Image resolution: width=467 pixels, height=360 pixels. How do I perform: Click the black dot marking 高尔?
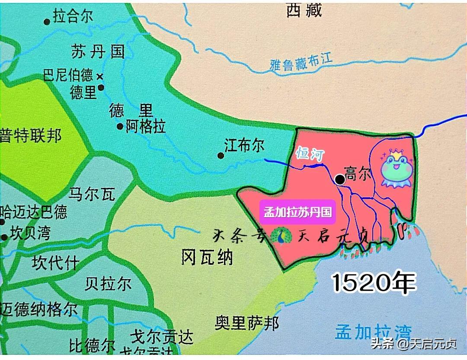coord(340,179)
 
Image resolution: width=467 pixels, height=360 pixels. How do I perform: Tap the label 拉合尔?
coord(72,17)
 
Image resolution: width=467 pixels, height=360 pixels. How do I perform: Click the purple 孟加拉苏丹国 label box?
coord(297,212)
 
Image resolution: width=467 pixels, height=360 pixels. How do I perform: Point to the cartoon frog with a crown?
coord(396,168)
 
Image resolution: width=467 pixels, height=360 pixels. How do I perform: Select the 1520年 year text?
coord(374,283)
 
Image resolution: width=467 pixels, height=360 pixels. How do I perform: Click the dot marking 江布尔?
coord(221,155)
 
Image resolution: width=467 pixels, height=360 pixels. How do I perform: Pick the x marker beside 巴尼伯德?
coord(100,77)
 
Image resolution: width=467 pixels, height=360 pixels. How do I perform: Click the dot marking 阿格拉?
coord(120,126)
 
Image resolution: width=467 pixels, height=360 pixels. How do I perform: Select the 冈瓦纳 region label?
coord(207,257)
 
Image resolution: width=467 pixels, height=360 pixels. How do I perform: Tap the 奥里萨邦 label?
coord(247,322)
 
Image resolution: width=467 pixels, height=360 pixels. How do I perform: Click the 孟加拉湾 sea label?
coord(373,332)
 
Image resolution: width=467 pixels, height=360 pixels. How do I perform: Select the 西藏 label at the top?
coord(304,10)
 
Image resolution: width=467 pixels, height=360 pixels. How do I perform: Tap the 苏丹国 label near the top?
coord(97,52)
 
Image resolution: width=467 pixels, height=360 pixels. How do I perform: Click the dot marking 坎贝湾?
coord(4,237)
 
